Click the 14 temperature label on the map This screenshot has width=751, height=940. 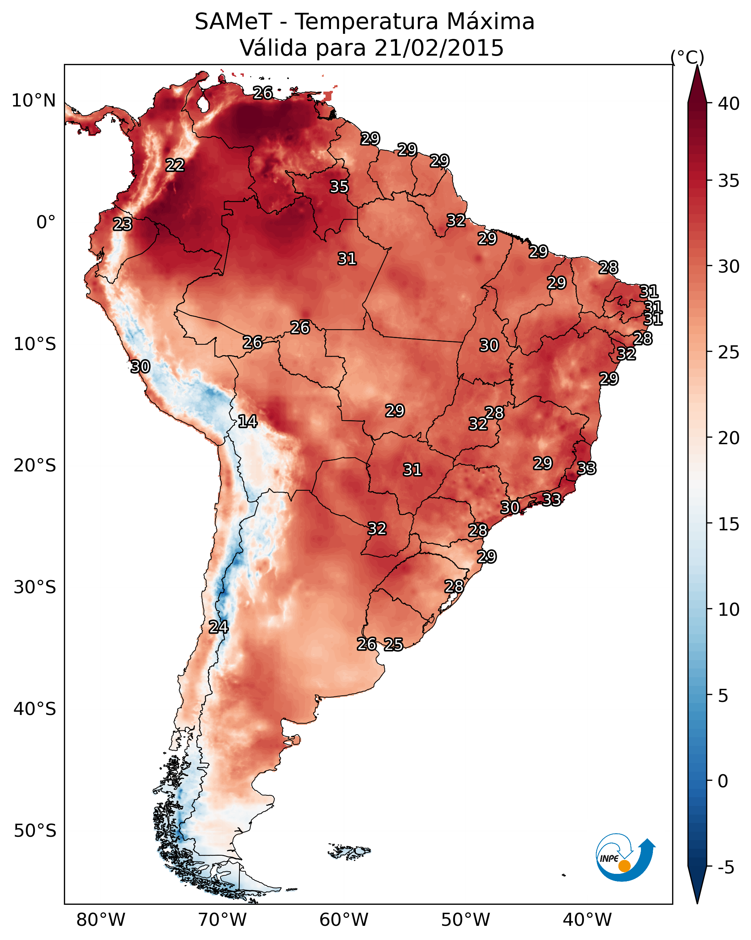[x=247, y=421]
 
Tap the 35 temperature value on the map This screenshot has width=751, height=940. [x=339, y=186]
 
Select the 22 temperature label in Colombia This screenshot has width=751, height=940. [x=175, y=165]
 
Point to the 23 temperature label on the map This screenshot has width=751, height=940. [x=122, y=224]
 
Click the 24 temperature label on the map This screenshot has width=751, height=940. [x=218, y=627]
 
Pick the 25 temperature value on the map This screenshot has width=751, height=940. [x=393, y=644]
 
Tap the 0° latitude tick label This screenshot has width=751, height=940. [x=46, y=222]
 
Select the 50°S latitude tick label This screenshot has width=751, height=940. [x=35, y=831]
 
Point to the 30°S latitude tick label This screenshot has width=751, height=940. [x=35, y=587]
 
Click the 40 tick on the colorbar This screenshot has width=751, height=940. [x=729, y=104]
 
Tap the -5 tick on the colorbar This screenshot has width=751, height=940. [x=726, y=868]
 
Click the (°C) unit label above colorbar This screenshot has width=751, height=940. [x=687, y=57]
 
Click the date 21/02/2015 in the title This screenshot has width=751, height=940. [x=439, y=48]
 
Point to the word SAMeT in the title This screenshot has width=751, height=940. [x=234, y=22]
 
